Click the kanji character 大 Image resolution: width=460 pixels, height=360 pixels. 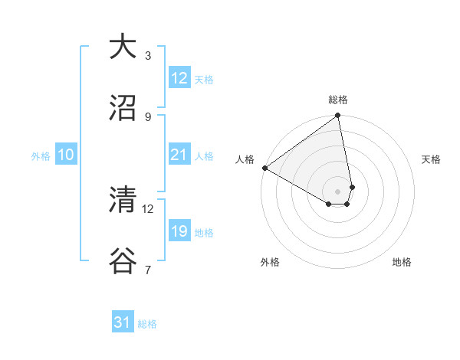point(123,47)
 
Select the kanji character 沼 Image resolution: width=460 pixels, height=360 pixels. point(123,108)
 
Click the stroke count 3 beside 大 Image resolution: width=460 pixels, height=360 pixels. point(148,55)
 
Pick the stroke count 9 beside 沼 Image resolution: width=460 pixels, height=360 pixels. point(148,116)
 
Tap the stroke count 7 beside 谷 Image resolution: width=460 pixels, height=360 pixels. point(148,270)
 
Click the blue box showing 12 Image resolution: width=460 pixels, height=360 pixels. point(179,78)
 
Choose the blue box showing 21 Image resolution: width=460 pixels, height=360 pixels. point(179,155)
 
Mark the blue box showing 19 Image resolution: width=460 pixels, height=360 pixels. point(179,231)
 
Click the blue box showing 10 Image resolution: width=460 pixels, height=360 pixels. point(66,155)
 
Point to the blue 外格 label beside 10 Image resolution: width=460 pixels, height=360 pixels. point(41,155)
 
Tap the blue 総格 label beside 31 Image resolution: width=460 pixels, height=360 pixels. point(147,324)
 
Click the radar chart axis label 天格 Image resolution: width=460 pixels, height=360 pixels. point(432,159)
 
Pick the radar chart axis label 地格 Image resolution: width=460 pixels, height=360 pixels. point(402,262)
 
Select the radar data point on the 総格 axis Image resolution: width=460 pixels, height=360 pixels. point(338,116)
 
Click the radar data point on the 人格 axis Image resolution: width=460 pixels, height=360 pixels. point(264,168)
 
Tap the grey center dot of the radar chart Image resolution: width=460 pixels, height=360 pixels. point(338,191)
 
